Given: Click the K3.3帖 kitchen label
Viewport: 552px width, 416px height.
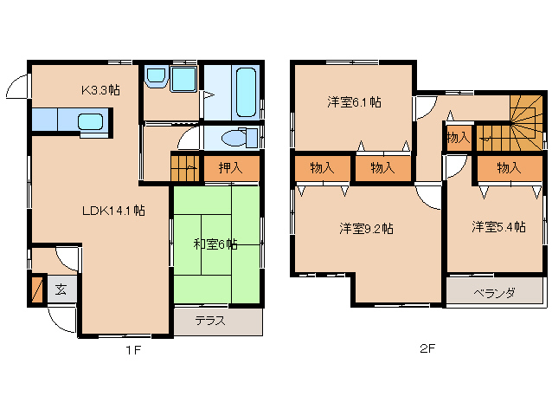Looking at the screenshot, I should coord(100,89).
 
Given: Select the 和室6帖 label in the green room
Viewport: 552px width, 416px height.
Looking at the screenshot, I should coord(215,244).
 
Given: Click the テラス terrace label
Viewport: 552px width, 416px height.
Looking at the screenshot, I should coord(209,321).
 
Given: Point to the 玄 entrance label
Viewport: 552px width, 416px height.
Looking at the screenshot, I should coord(61,289).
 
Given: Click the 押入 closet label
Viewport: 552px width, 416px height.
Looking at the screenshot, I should coord(230,168).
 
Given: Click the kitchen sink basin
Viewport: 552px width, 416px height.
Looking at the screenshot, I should coord(91,120).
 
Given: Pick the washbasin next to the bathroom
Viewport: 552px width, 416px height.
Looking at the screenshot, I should coord(157,79).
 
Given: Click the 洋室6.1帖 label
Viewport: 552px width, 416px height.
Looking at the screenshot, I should coord(354,102).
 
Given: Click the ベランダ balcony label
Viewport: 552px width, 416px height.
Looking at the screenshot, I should coord(494,293).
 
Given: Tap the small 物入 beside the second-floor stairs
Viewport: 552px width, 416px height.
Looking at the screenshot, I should coord(458,137).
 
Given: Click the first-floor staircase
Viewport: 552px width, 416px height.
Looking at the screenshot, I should coord(184,166).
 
